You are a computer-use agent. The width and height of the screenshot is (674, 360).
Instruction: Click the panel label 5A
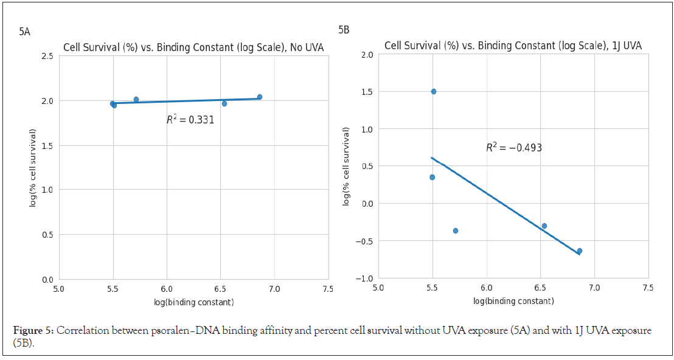tap(24, 32)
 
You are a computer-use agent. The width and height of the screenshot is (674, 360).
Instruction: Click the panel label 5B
tap(344, 30)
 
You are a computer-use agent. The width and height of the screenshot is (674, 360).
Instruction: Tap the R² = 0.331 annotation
tap(190, 120)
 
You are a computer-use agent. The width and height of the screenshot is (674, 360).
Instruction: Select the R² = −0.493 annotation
tap(513, 148)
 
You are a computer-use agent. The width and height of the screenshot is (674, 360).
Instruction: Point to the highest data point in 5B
tap(434, 91)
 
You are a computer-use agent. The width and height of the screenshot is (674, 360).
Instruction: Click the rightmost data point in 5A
tap(260, 97)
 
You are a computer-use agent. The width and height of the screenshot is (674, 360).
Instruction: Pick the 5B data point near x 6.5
tap(544, 226)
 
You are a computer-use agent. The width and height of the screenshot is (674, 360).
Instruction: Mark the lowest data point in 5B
tap(580, 251)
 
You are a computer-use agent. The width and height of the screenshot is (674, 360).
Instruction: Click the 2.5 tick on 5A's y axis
tap(47, 56)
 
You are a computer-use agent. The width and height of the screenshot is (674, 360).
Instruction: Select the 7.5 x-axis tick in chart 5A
tap(328, 289)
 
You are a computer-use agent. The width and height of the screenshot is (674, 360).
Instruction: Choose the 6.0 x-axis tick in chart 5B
tap(486, 288)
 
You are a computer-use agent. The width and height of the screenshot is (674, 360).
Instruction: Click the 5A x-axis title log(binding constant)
tap(193, 302)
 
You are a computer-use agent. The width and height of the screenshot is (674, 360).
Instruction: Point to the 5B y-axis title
tap(346, 166)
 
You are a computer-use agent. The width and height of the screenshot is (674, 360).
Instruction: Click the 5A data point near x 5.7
tap(136, 99)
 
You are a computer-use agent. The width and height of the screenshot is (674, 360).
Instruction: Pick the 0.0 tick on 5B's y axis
tap(366, 203)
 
